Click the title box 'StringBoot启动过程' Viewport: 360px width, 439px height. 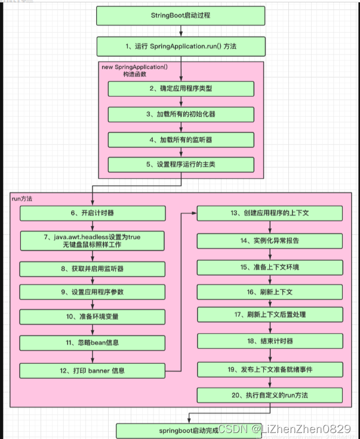[x=180, y=16]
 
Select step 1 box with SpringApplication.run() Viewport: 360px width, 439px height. [x=180, y=46]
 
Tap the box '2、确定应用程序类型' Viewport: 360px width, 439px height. [x=180, y=88]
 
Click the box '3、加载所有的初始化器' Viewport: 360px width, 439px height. [x=180, y=114]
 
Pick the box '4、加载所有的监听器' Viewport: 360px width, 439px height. [x=180, y=140]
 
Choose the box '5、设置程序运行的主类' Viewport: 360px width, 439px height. [x=180, y=165]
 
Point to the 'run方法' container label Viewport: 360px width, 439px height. [x=22, y=199]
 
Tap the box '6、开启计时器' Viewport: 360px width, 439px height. [x=91, y=213]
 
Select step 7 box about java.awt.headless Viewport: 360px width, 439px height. [x=91, y=241]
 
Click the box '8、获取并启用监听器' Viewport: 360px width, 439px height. [x=91, y=269]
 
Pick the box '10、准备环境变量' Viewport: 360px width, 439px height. [x=91, y=317]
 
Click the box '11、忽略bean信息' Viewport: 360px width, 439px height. [x=91, y=342]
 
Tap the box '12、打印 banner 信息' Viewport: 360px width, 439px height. [x=91, y=370]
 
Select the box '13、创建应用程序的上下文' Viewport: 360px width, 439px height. [x=270, y=214]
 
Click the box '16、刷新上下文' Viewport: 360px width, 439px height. [x=270, y=292]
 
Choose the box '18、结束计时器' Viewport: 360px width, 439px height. [x=270, y=341]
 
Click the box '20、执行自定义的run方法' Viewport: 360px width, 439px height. [x=270, y=395]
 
